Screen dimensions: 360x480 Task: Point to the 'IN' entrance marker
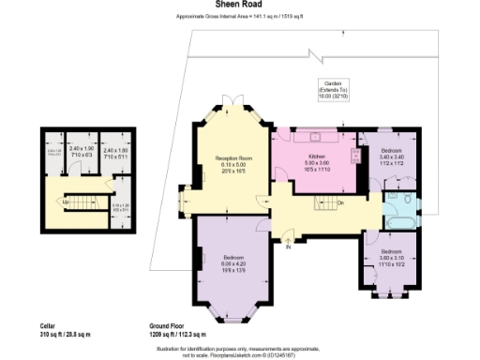(x=289, y=247)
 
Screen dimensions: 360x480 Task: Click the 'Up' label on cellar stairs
(x=65, y=202)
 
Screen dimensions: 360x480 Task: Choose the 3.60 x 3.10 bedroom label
(x=392, y=257)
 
